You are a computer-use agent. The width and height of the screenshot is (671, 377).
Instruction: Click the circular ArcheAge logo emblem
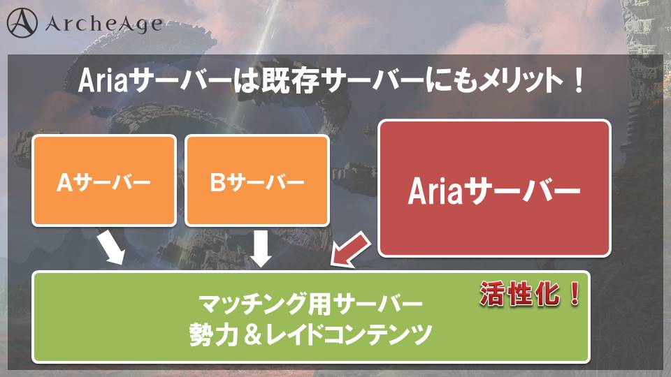22,23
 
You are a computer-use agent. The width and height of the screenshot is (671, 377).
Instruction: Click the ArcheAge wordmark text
104,24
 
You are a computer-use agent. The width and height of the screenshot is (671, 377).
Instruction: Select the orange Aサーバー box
104,180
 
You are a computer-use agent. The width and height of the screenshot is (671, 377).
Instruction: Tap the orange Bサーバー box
257,180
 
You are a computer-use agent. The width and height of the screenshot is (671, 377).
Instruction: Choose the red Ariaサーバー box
495,188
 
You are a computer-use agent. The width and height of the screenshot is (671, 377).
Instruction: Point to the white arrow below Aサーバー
111,247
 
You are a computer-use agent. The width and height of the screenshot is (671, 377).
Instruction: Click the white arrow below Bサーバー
260,249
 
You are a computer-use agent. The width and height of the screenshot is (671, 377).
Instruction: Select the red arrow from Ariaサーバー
350,251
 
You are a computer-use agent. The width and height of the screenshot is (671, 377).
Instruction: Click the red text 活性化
519,294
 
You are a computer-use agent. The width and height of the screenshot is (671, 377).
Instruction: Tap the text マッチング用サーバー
311,304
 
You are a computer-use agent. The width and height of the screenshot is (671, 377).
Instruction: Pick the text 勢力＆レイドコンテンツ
311,334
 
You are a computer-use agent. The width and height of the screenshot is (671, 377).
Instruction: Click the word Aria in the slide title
103,80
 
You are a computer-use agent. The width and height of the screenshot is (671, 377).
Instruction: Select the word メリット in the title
520,80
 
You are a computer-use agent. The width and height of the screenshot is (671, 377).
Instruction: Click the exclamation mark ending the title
579,80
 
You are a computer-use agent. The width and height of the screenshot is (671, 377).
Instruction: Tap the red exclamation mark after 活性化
575,294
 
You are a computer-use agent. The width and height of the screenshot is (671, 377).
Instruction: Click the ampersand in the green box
253,334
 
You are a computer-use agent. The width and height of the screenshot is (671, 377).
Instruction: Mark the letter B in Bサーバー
217,182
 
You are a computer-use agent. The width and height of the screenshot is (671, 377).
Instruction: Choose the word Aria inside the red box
435,191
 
